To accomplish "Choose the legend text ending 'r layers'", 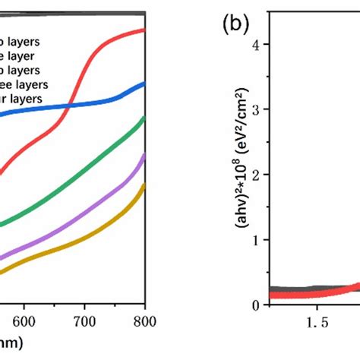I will (23, 99).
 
